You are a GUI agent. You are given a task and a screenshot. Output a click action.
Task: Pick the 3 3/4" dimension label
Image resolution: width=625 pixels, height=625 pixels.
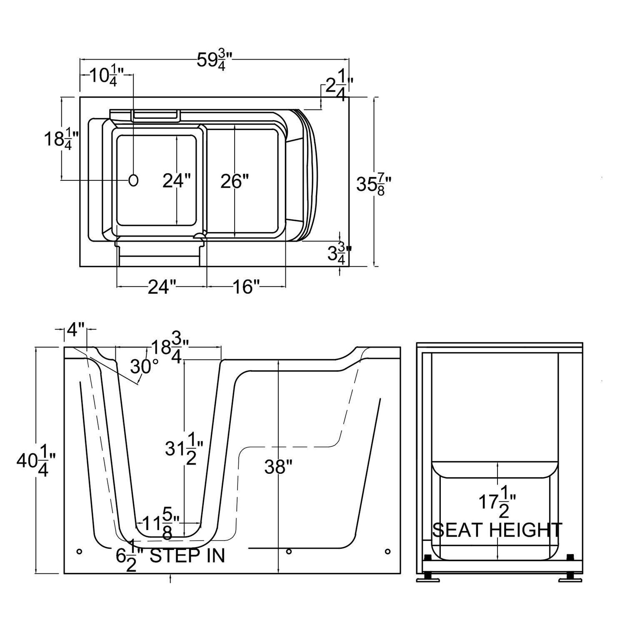[x=339, y=253]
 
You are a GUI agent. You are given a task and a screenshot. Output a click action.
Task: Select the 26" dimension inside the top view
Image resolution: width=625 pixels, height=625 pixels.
[x=235, y=181]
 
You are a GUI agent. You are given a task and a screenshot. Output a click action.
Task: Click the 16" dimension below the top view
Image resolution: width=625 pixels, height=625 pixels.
[x=246, y=287]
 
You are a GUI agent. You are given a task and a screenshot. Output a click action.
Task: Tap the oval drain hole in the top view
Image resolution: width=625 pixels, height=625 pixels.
[x=134, y=180]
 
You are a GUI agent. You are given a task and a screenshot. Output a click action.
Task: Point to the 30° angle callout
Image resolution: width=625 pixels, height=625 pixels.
[x=144, y=367]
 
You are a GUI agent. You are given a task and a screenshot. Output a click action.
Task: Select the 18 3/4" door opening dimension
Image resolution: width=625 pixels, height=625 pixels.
[x=170, y=350]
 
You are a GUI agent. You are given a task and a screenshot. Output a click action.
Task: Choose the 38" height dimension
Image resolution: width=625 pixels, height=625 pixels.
[x=277, y=467]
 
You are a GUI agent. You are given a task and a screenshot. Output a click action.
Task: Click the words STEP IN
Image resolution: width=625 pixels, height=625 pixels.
[x=187, y=555]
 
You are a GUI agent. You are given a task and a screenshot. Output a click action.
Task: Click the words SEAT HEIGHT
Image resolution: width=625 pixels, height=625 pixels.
[x=497, y=530]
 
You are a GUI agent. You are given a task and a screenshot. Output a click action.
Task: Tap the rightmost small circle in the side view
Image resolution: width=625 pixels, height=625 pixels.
[x=387, y=551]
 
